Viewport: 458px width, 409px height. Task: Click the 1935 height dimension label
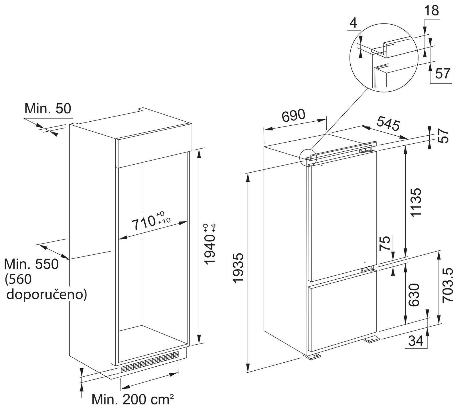pos(238,268)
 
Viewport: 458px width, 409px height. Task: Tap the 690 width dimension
pos(293,115)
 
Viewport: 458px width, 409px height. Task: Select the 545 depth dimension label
pos(388,123)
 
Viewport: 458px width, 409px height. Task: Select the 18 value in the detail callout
pos(431,11)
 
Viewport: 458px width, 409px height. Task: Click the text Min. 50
pos(48,108)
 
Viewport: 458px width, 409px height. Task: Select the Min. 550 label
pos(31,264)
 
